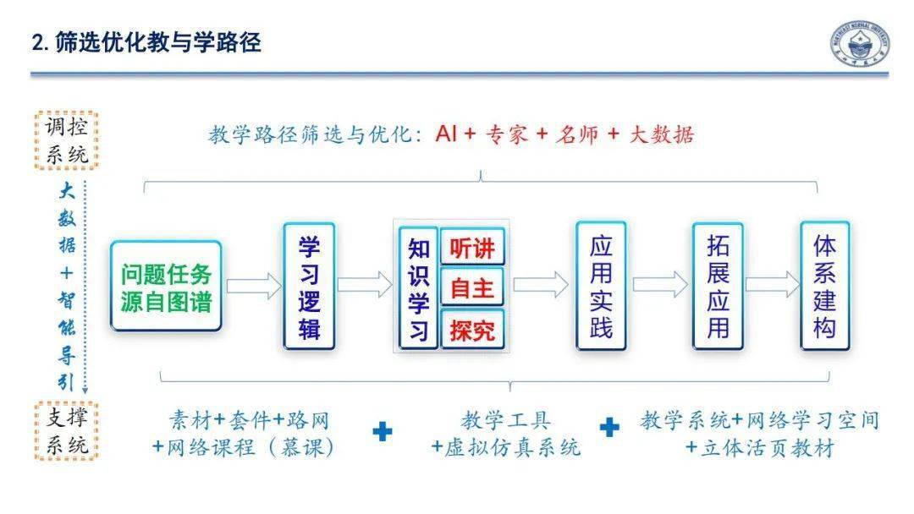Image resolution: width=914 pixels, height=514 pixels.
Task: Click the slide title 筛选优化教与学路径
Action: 146,42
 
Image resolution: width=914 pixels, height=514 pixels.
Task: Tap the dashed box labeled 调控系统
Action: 67,139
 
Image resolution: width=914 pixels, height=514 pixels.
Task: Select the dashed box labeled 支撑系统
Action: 67,431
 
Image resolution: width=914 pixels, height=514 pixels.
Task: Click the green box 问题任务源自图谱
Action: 166,286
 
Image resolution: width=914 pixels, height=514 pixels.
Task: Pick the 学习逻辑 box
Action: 309,286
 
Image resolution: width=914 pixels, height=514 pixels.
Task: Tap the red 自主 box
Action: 472,287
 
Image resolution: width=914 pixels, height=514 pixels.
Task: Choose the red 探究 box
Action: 472,329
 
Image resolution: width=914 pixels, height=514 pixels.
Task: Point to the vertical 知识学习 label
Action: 418,287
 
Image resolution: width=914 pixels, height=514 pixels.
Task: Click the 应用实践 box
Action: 601,286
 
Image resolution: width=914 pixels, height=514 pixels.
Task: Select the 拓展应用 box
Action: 718,286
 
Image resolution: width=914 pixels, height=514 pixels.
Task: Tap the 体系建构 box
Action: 824,286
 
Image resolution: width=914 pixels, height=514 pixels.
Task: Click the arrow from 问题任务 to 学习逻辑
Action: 253,285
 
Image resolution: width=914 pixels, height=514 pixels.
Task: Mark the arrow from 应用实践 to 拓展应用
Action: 660,285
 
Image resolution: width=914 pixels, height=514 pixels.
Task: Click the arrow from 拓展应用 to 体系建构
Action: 772,285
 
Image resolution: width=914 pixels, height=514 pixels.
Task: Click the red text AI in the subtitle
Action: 445,134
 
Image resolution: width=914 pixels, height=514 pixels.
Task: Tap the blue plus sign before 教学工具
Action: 383,431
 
